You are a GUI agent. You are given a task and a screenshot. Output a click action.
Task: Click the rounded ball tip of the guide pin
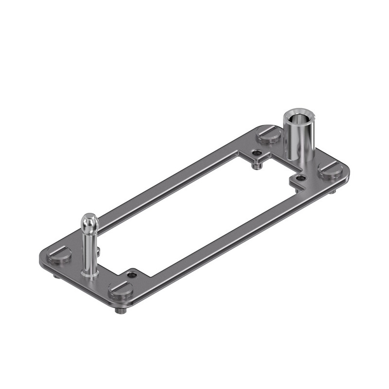[x=89, y=220]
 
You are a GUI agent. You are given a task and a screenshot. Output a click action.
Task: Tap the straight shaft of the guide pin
[x=89, y=249]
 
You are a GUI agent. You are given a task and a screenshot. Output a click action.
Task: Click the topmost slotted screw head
[x=270, y=136]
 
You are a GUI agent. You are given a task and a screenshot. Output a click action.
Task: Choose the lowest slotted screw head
[x=121, y=290]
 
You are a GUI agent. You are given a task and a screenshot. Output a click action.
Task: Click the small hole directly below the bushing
[x=300, y=178]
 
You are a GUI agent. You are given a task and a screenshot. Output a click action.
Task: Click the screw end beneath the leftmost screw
[x=56, y=276]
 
